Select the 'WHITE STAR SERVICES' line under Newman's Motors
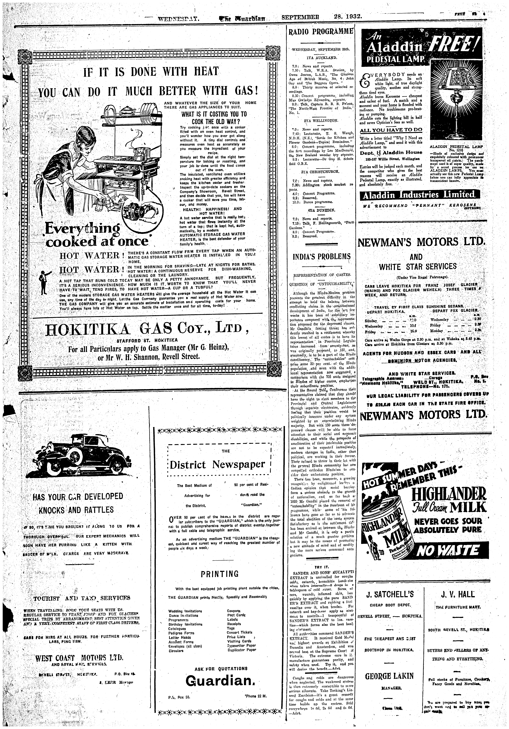418,266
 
